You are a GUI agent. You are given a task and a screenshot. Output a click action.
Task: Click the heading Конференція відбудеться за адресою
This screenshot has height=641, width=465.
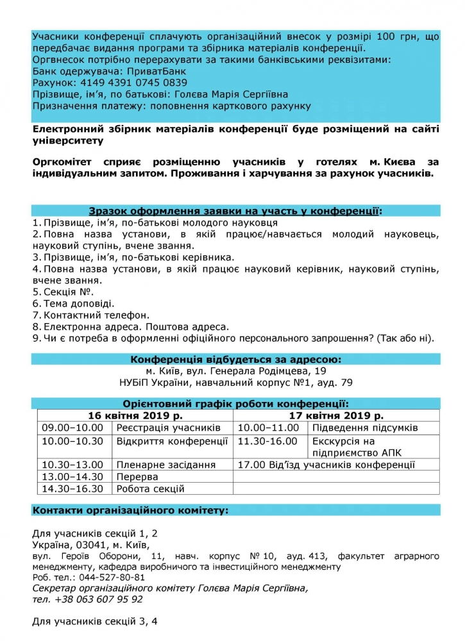[x=236, y=359]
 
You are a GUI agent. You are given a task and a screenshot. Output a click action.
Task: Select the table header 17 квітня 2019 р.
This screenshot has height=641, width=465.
[x=336, y=415]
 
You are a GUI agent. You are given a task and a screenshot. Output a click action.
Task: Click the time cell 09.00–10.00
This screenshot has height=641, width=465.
[x=72, y=428]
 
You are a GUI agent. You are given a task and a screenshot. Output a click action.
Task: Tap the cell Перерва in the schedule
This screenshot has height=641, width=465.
[x=137, y=477]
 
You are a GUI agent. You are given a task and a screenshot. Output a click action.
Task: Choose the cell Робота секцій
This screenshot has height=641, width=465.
[x=150, y=488]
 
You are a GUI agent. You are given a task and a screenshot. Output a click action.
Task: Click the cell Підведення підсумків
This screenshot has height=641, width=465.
[x=365, y=428]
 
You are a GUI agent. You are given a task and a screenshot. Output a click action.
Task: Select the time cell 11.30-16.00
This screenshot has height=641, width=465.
[x=267, y=441]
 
